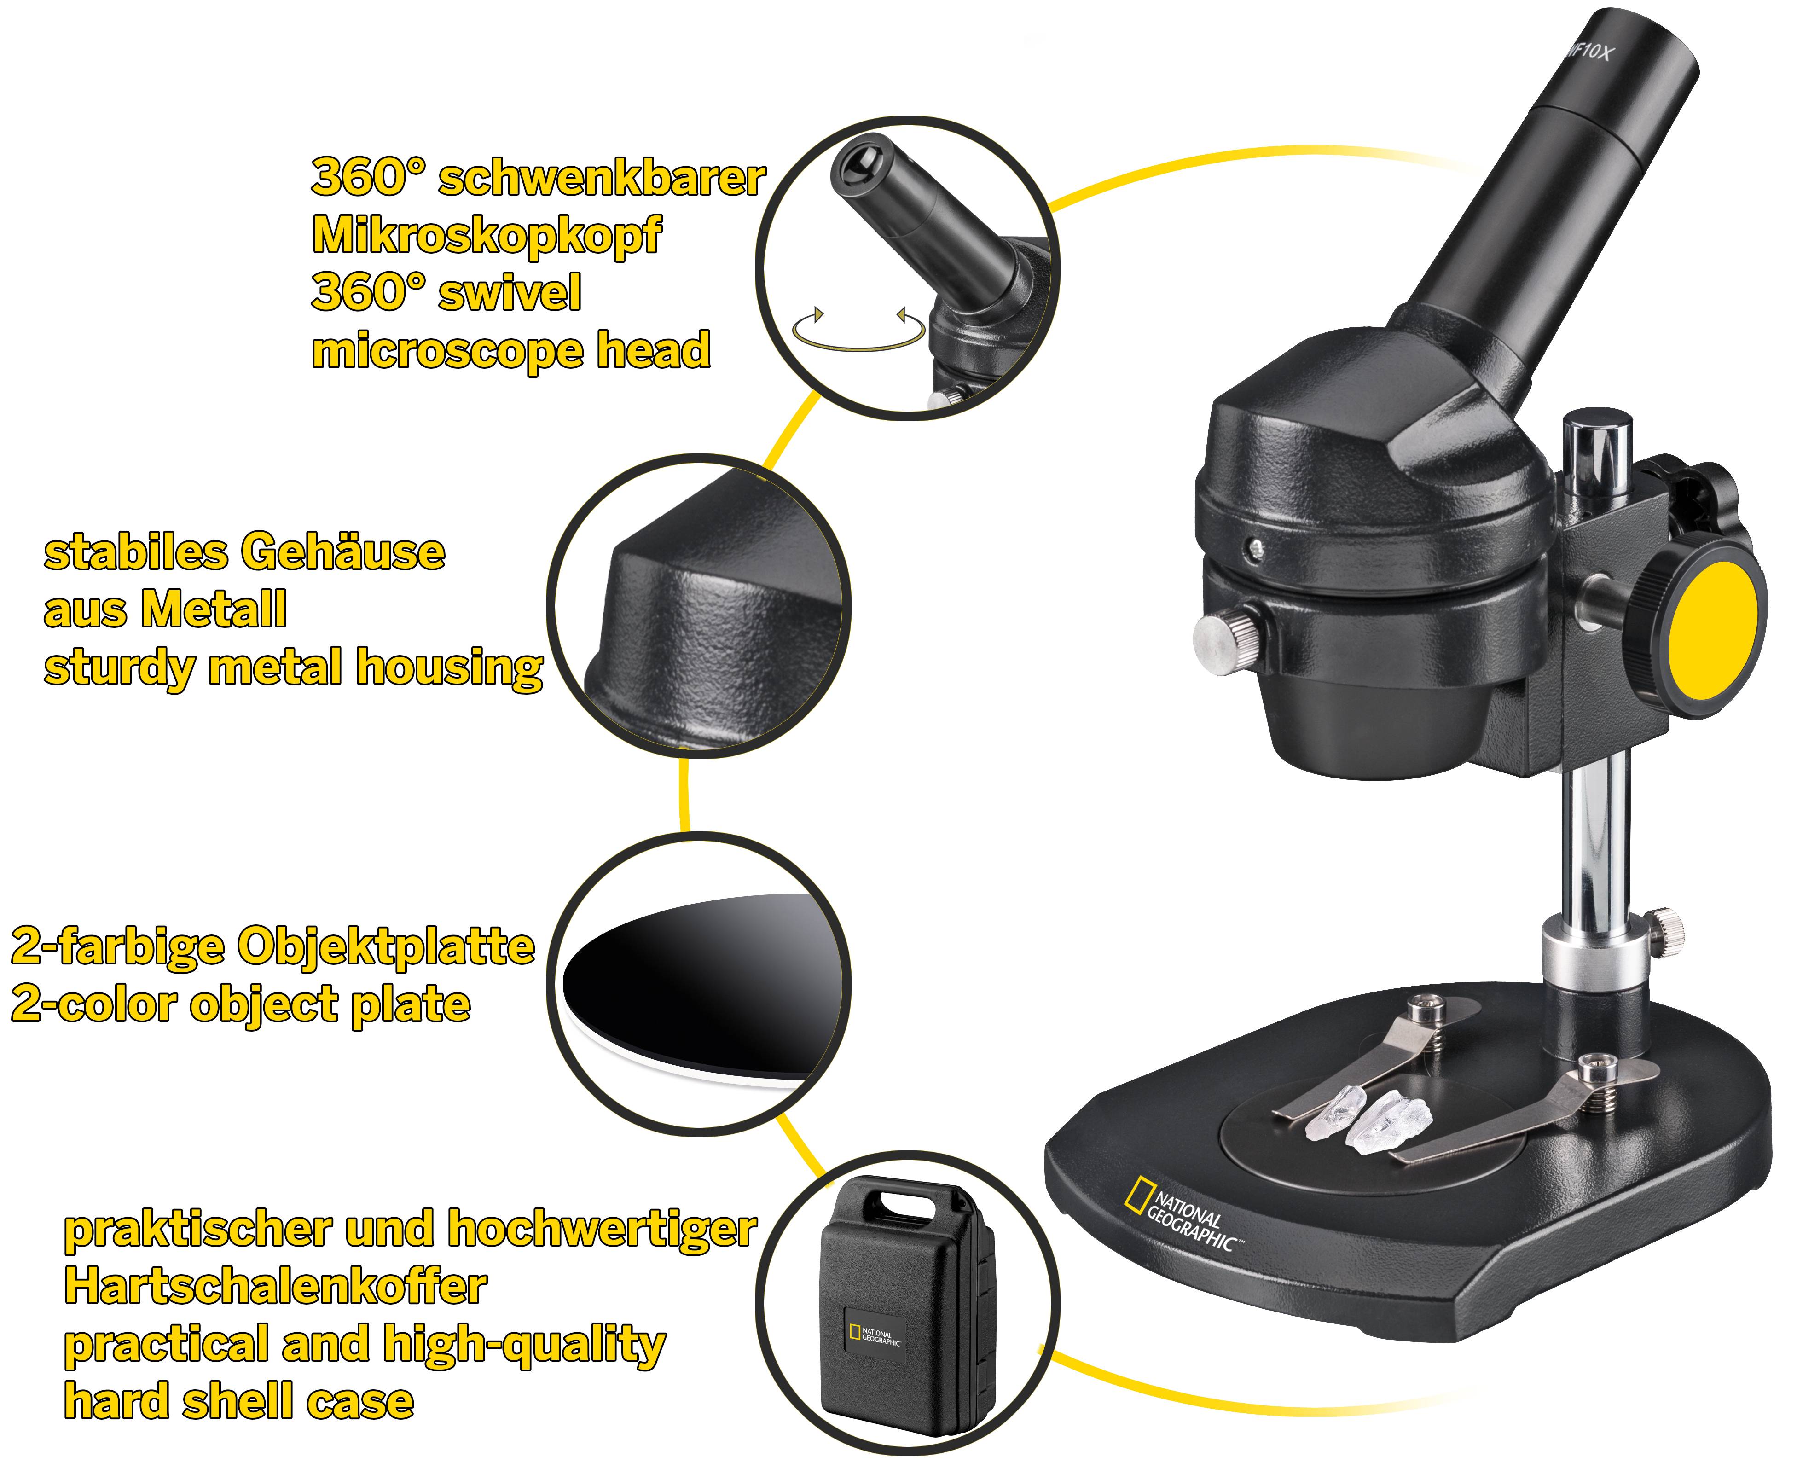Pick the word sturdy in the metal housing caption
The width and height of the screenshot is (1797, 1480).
point(119,668)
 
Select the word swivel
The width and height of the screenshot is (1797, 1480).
point(509,292)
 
